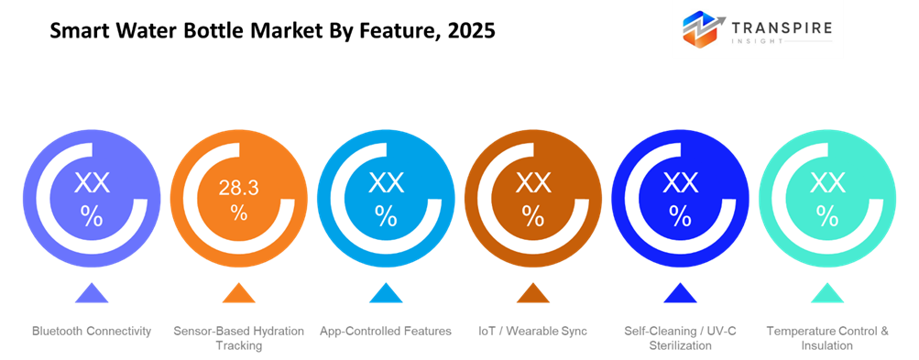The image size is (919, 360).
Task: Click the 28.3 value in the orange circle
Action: (x=238, y=189)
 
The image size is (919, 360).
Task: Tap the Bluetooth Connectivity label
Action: (x=92, y=331)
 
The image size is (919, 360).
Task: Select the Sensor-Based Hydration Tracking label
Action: (x=238, y=338)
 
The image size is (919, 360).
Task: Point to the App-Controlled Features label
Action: (x=385, y=331)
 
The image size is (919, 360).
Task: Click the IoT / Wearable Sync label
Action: (x=532, y=331)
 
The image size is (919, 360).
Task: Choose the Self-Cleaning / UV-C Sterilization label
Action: (x=680, y=338)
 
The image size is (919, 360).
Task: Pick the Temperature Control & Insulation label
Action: (x=826, y=338)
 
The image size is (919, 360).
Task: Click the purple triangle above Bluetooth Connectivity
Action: (x=92, y=294)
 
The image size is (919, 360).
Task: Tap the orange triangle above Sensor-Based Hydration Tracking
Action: (x=238, y=294)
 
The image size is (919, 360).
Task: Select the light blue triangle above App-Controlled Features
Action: (x=386, y=294)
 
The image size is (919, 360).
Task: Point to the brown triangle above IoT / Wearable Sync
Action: (x=532, y=294)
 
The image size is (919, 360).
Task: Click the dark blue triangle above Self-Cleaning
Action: (x=680, y=294)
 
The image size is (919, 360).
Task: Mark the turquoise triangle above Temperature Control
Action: (x=826, y=294)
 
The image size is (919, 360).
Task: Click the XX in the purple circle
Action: (x=92, y=183)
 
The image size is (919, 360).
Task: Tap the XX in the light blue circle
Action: (x=386, y=183)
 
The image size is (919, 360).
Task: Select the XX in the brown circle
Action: (x=532, y=183)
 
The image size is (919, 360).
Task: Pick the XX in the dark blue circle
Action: (x=680, y=183)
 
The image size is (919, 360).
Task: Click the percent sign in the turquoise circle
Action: (x=826, y=216)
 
